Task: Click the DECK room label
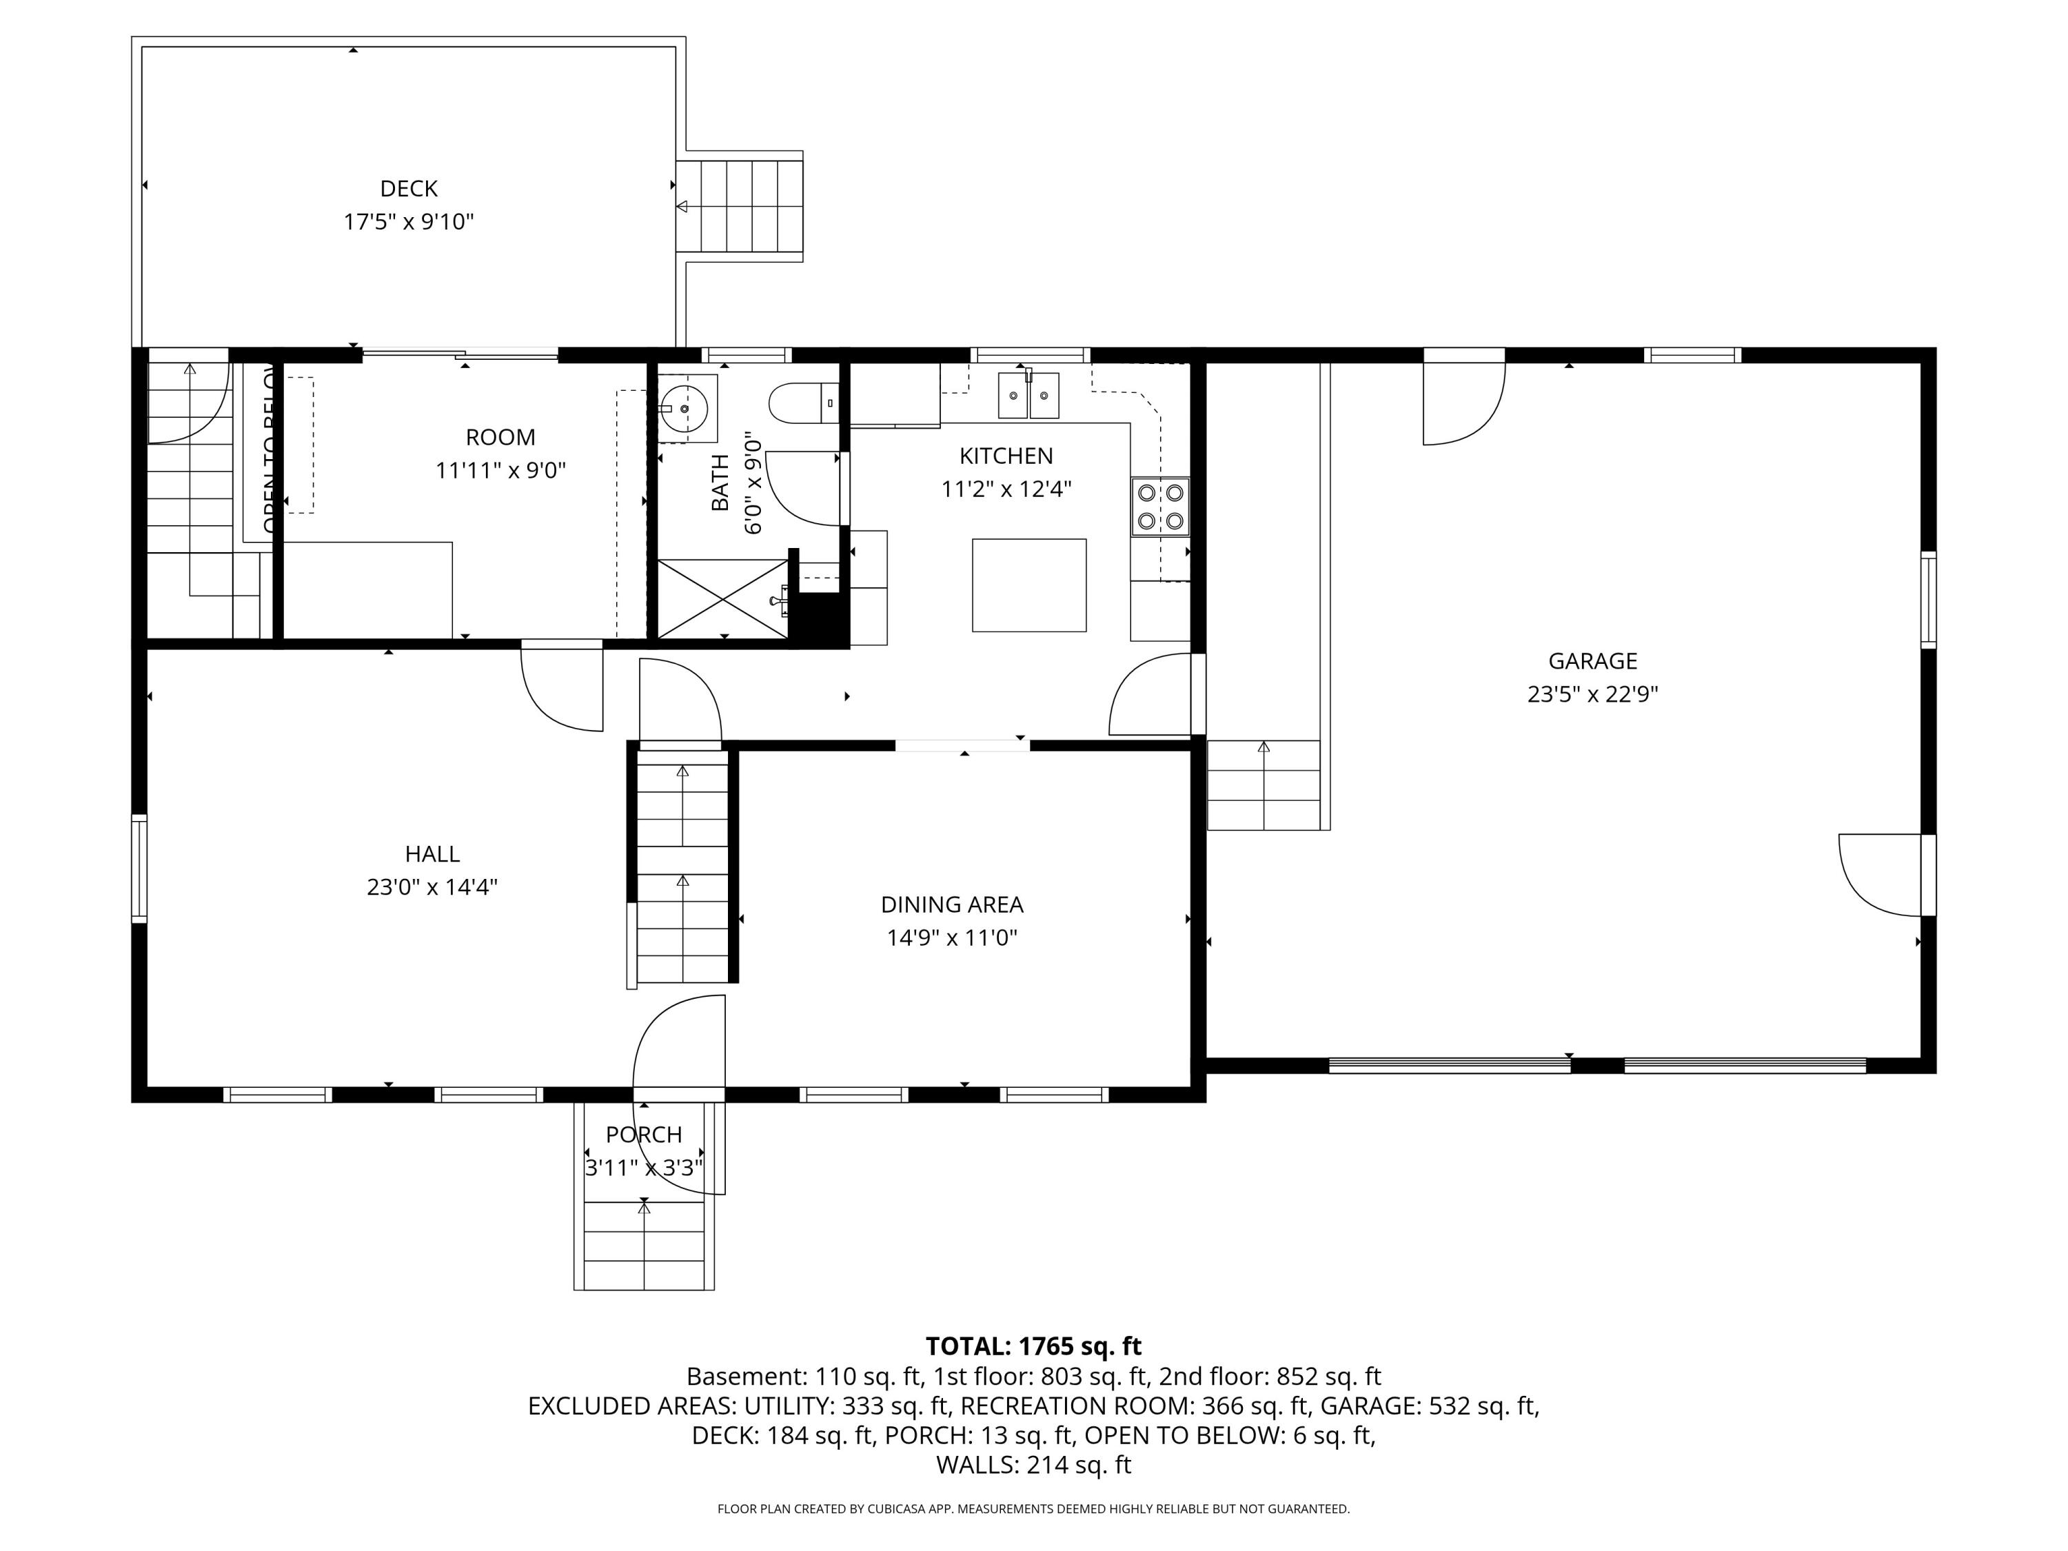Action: point(409,189)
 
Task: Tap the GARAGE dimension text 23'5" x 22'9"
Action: point(1592,693)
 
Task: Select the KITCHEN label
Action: point(1006,456)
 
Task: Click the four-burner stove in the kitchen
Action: point(1160,507)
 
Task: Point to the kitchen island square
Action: point(1029,585)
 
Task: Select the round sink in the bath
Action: point(687,409)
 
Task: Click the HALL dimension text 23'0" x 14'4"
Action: point(432,886)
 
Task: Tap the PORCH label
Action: point(644,1135)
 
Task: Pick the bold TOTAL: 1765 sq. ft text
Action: point(1033,1346)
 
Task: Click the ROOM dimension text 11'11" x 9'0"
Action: point(501,470)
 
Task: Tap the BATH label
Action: point(720,483)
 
